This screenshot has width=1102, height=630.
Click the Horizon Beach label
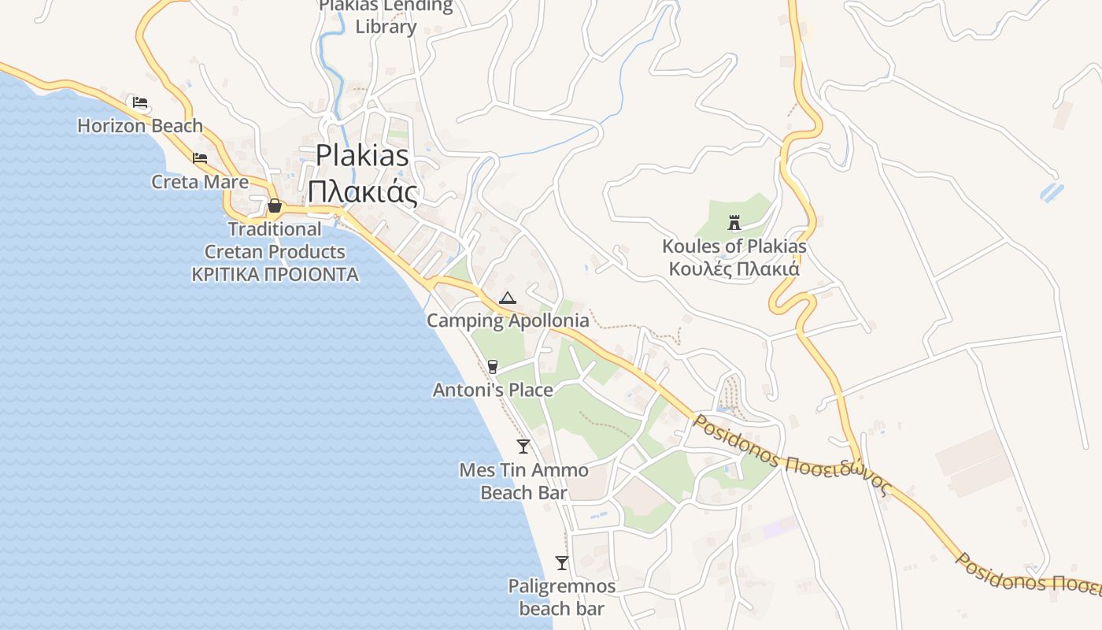tap(140, 125)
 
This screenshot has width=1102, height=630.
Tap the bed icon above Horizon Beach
tap(140, 102)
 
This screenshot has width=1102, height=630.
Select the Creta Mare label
tap(200, 182)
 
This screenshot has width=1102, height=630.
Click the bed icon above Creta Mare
tap(200, 158)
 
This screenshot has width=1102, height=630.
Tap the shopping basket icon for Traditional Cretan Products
tap(275, 206)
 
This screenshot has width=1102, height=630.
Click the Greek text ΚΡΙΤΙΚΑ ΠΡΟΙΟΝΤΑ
tap(275, 275)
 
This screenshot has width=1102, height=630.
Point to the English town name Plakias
tap(363, 155)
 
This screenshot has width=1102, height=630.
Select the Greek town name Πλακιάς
tap(363, 191)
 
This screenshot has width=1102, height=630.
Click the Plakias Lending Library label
tap(386, 16)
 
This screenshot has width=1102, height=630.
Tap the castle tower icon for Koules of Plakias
tap(734, 223)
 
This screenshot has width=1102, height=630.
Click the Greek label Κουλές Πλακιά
tap(734, 269)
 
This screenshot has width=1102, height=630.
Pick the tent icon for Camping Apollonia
tap(508, 298)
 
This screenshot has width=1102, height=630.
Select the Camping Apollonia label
tap(508, 321)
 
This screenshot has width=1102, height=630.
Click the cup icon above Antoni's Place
tap(493, 366)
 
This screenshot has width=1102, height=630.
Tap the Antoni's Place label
tap(493, 390)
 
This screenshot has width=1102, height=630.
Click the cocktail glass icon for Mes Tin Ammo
tap(523, 447)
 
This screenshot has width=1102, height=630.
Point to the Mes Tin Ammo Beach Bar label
tap(523, 481)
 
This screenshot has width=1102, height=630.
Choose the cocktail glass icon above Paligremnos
tap(562, 563)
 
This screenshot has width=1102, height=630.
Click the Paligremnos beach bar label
tap(562, 597)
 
